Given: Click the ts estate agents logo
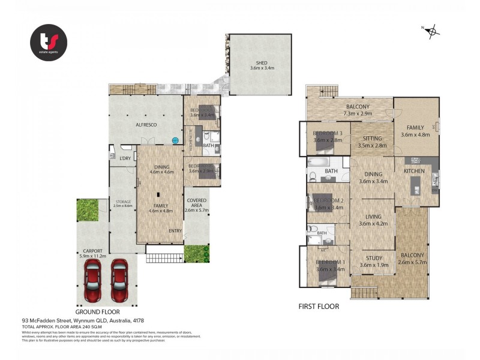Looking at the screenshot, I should pyautogui.click(x=49, y=43).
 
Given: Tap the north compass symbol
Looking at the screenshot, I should pyautogui.click(x=431, y=31).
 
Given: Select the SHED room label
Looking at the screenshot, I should pyautogui.click(x=262, y=65).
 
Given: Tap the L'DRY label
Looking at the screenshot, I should pyautogui.click(x=125, y=158).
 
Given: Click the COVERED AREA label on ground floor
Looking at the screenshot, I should pyautogui.click(x=196, y=205).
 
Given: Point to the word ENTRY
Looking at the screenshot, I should pyautogui.click(x=175, y=230).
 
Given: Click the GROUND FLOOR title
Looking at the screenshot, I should pyautogui.click(x=97, y=312).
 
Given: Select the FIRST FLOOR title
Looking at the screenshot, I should pyautogui.click(x=319, y=307).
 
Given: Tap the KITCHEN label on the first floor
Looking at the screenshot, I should pyautogui.click(x=414, y=171).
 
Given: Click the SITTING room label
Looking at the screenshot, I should pyautogui.click(x=372, y=142).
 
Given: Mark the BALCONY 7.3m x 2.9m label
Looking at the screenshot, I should pyautogui.click(x=350, y=109).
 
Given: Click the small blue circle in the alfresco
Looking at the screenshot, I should pyautogui.click(x=175, y=140).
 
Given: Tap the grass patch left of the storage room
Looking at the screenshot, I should pyautogui.click(x=87, y=209).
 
